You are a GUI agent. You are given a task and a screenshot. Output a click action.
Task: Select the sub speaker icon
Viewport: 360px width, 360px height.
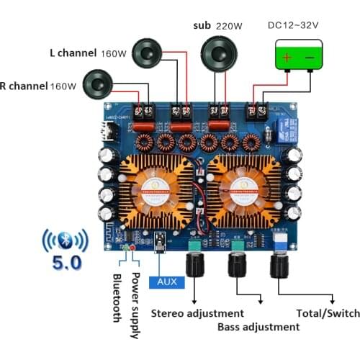pyautogui.click(x=218, y=53)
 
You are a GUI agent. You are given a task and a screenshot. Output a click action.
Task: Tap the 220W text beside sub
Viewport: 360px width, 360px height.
pyautogui.click(x=230, y=26)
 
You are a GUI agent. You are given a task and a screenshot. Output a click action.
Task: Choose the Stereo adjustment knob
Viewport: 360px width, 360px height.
pyautogui.click(x=194, y=267)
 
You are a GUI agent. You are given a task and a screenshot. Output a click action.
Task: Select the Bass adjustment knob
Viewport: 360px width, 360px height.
pyautogui.click(x=236, y=267)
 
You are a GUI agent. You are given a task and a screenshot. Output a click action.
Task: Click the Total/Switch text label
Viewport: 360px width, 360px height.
pyautogui.click(x=327, y=313)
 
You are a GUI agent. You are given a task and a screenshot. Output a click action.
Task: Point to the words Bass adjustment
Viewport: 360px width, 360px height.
pyautogui.click(x=258, y=326)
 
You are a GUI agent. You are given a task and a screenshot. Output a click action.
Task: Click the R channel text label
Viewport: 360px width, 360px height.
pyautogui.click(x=23, y=86)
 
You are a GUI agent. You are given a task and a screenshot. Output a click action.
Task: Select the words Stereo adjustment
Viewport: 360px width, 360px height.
pyautogui.click(x=197, y=313)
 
